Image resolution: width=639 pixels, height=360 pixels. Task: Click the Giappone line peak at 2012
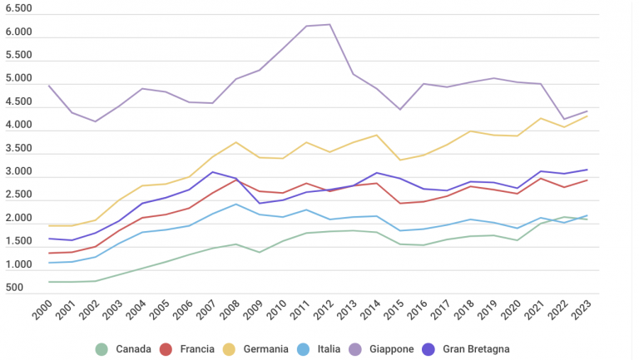330,24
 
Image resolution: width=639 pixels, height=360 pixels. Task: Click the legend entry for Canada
124,349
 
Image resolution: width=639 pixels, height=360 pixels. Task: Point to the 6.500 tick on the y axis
18,9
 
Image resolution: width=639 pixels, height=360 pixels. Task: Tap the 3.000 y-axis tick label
18,172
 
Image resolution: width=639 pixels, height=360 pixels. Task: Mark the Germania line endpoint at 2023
587,116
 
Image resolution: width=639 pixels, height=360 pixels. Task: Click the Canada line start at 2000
49,282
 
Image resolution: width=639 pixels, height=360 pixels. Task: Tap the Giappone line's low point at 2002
96,121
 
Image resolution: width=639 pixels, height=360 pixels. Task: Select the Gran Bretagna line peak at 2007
213,172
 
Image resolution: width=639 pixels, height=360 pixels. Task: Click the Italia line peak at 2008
236,204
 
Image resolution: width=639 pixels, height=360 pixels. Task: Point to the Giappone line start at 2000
49,86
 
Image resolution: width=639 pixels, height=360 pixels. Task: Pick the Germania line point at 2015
400,160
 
